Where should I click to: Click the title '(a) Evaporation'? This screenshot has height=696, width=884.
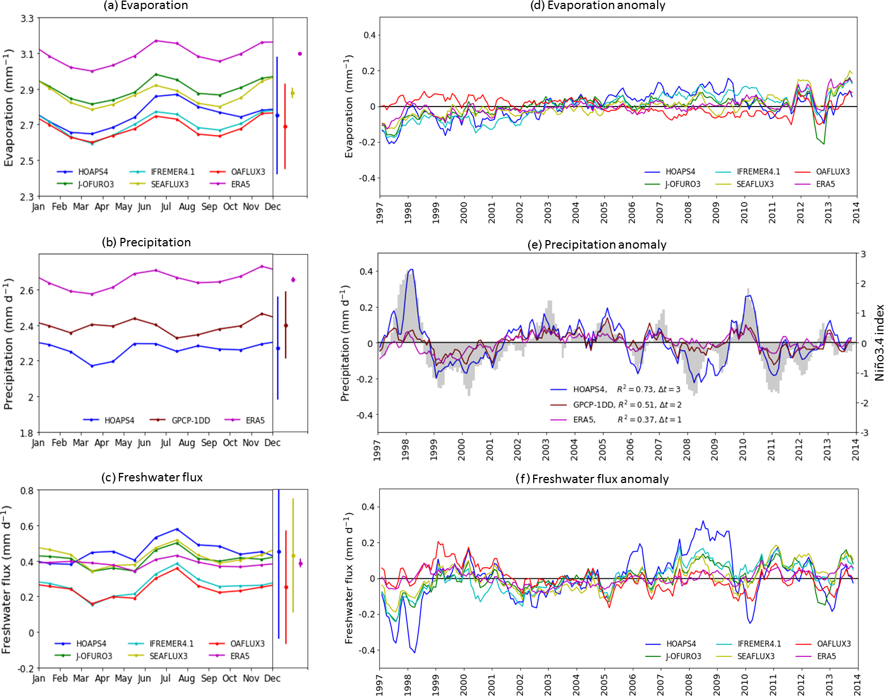145,6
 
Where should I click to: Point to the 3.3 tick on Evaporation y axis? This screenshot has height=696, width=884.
27,19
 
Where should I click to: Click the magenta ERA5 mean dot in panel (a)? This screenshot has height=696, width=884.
300,54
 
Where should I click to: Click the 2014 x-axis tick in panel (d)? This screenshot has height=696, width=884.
856,212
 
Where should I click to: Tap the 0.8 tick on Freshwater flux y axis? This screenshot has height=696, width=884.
27,490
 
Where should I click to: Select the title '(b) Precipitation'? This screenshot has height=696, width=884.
146,242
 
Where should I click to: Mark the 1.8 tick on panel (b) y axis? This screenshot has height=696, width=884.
27,433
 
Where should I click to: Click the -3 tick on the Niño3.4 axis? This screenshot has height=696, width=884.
863,433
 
